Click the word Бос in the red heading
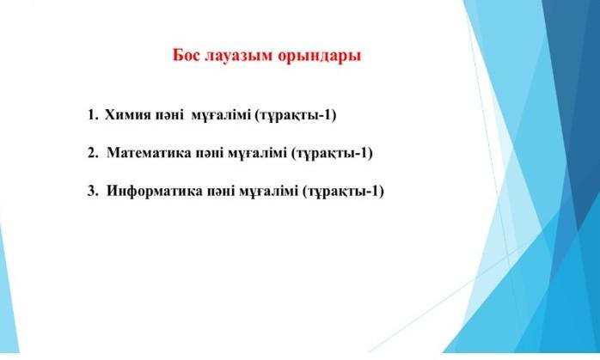point(187,57)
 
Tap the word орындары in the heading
point(320,57)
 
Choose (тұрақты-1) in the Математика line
point(332,153)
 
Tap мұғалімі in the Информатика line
point(266,191)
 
